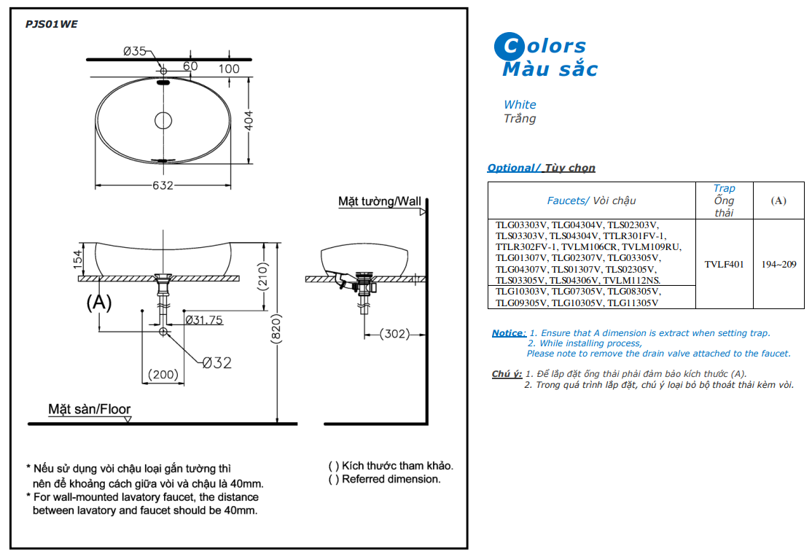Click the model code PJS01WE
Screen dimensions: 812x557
point(51,24)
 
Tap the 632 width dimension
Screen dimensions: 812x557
point(163,185)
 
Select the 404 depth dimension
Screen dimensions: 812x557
point(249,120)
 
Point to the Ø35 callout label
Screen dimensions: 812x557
point(134,51)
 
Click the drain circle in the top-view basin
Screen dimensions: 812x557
point(163,120)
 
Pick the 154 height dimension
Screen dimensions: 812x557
point(78,259)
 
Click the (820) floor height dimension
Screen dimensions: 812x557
point(276,329)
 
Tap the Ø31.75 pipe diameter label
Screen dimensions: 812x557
point(204,320)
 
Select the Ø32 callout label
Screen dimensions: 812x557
point(217,362)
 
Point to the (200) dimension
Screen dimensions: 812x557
point(163,374)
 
